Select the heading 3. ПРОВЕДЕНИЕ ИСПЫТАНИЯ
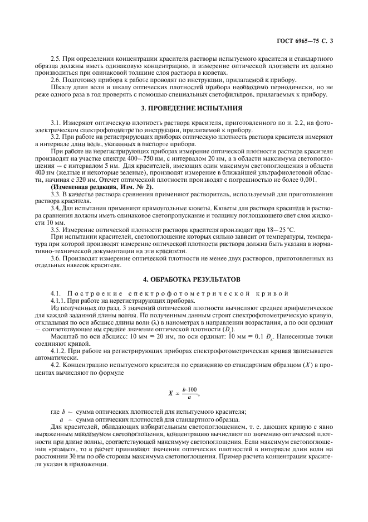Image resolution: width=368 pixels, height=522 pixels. (x=184, y=108)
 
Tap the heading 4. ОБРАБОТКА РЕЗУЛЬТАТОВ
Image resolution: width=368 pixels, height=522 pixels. (x=184, y=278)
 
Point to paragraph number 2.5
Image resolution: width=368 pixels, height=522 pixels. (x=56, y=59)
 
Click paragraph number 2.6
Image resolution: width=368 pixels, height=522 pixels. (x=56, y=79)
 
